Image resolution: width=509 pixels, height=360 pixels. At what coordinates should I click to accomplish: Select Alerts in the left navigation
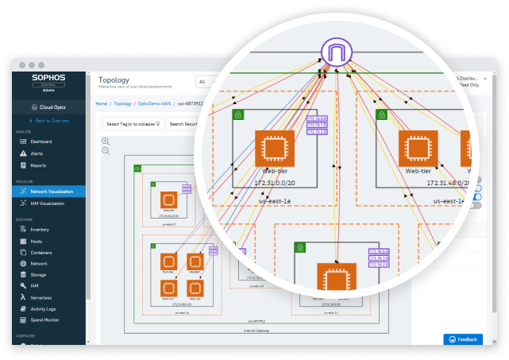click(x=37, y=153)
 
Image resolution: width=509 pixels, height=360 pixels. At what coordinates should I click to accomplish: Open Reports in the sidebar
click(x=38, y=165)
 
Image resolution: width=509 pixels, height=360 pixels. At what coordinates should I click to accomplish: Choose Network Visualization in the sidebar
click(x=53, y=192)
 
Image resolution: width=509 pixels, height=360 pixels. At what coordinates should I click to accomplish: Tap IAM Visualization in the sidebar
click(x=49, y=203)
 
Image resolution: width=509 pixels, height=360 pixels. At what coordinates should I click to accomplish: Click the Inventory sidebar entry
click(x=39, y=230)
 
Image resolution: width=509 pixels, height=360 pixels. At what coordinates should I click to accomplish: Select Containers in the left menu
click(x=41, y=252)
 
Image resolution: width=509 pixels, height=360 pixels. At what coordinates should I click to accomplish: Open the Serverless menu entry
click(x=41, y=296)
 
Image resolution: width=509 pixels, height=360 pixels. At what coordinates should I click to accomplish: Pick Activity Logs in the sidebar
click(x=43, y=308)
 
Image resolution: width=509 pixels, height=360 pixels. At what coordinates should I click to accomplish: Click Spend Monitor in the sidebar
click(x=44, y=319)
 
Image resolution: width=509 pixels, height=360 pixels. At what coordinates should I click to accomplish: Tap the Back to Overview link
click(x=51, y=120)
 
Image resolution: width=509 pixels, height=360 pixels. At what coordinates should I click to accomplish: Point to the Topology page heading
click(x=113, y=79)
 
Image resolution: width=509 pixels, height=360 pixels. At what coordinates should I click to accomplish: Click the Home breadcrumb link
click(x=101, y=103)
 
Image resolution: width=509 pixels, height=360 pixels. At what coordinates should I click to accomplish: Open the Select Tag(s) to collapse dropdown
click(x=133, y=123)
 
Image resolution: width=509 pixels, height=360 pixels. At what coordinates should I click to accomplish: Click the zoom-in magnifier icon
click(x=106, y=141)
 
